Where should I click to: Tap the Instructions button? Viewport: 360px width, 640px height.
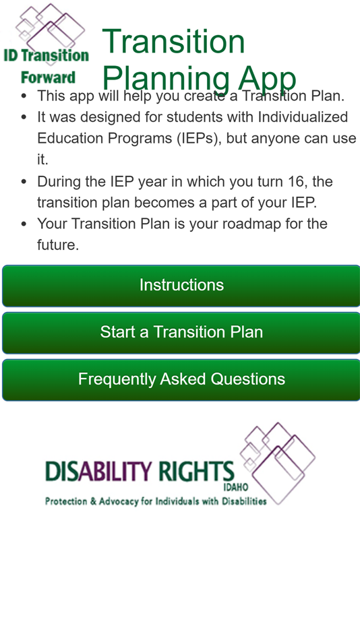tap(181, 286)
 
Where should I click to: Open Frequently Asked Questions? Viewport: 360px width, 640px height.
tap(181, 379)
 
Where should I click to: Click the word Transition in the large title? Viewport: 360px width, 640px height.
tap(173, 42)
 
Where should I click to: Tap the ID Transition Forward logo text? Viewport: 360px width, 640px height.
tap(46, 55)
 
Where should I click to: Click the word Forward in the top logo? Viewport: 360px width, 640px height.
tap(48, 77)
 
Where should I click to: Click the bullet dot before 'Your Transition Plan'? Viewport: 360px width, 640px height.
tap(24, 224)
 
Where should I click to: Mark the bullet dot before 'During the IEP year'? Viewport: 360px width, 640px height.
tap(24, 182)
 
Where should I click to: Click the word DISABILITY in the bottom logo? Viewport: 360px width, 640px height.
tap(90, 472)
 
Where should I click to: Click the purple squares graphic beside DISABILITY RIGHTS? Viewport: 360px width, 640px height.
tap(279, 458)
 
